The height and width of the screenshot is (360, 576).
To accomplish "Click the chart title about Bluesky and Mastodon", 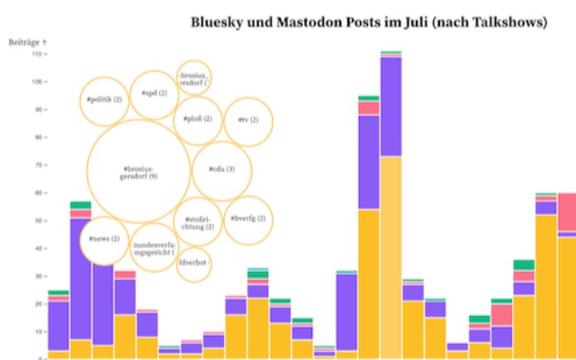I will (368, 23).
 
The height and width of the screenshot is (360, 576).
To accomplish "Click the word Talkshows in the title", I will (508, 23).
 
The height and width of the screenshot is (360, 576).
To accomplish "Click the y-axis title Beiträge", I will (27, 42).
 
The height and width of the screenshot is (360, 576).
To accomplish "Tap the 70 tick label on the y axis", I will (39, 165).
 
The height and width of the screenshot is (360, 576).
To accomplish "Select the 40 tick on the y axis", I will (39, 248).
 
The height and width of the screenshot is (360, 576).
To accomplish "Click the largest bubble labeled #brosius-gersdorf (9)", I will (139, 172).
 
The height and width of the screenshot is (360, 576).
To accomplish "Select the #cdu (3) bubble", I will (221, 169).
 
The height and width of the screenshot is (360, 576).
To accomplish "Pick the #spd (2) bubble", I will (155, 93).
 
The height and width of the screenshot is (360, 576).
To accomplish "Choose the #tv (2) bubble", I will (247, 120).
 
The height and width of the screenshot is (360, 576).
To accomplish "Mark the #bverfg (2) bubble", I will (247, 219).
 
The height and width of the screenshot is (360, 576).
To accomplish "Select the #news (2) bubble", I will (104, 240).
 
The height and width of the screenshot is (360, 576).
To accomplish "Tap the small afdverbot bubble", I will (193, 264).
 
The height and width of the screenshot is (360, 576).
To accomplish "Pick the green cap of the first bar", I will (58, 292).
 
